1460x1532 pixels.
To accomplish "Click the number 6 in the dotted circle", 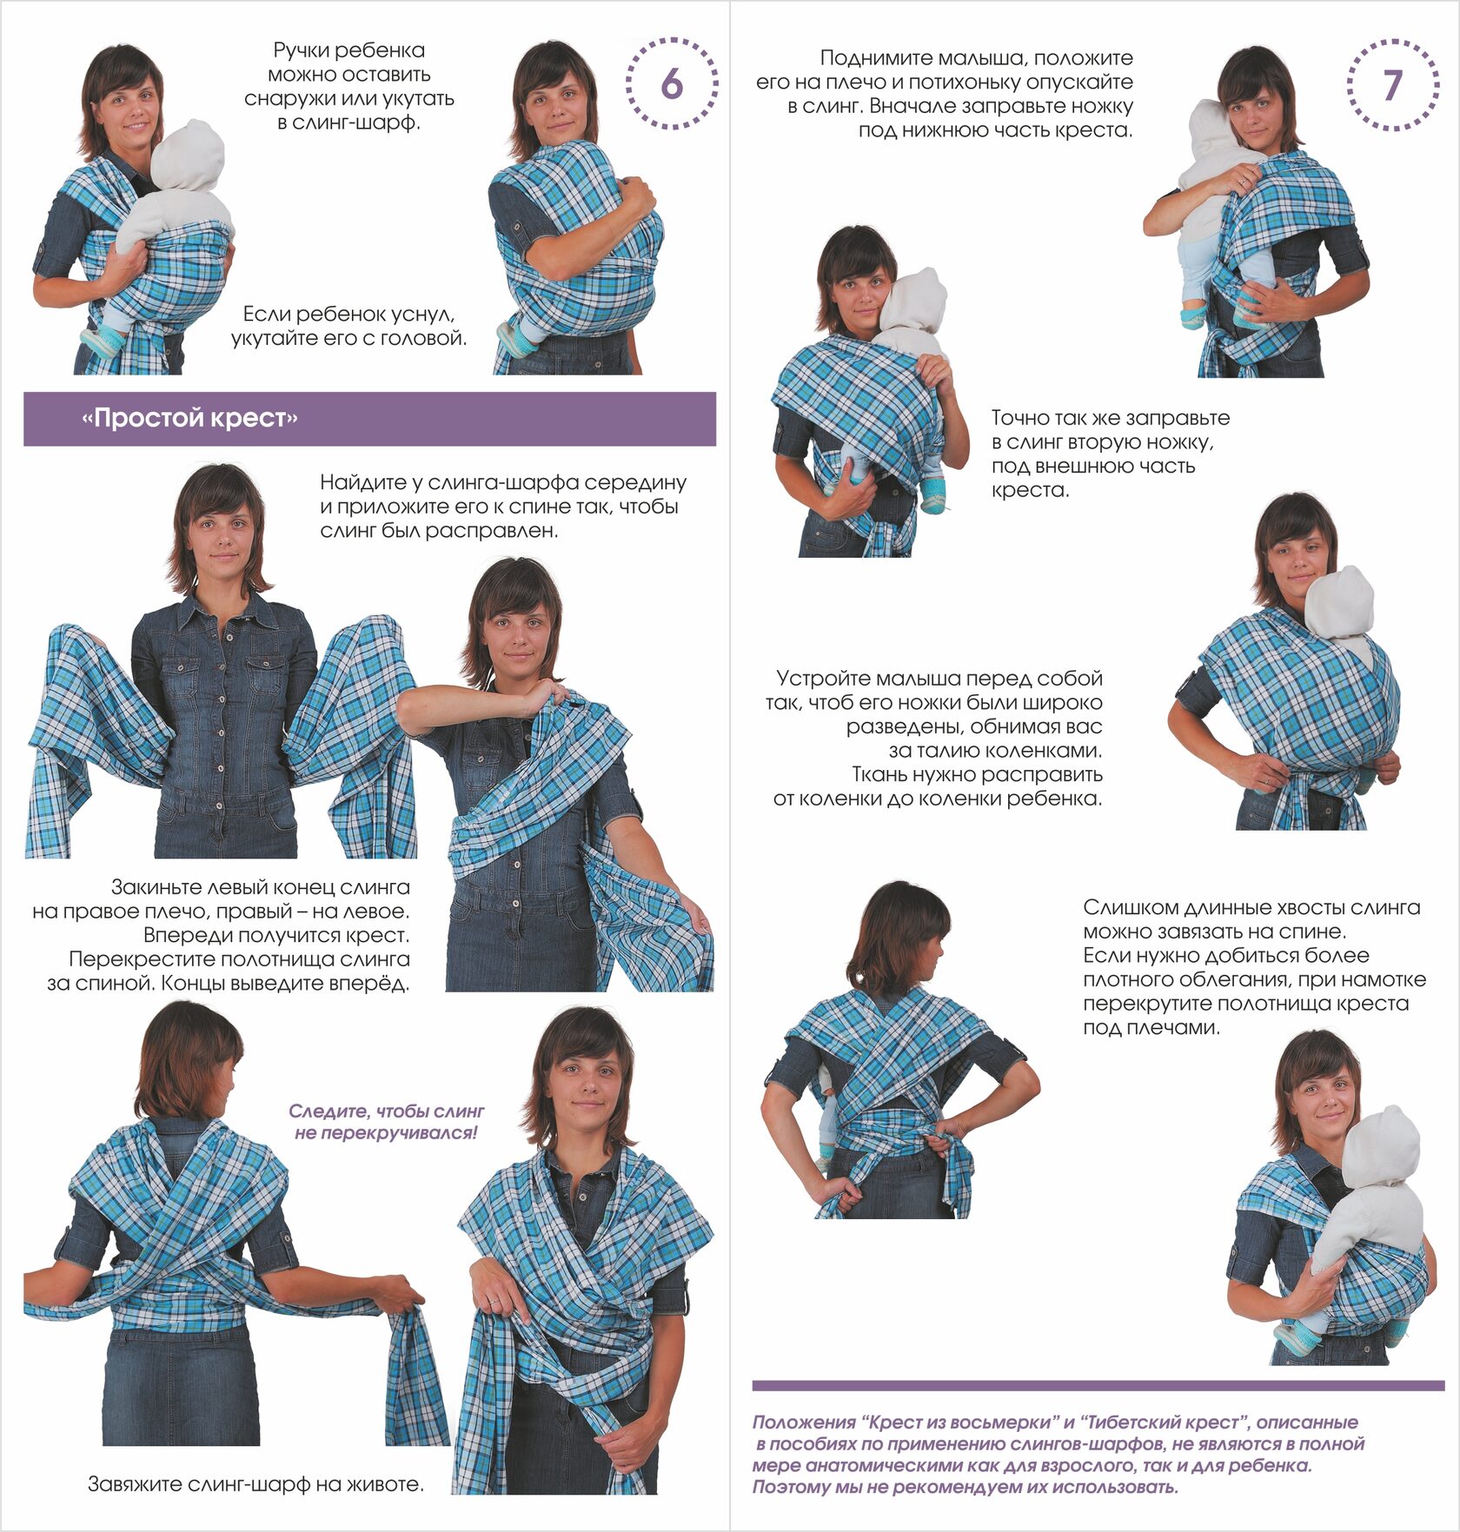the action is (x=671, y=83).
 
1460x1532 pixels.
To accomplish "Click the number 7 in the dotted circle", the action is (x=1393, y=85).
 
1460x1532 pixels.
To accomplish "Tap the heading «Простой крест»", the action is (x=189, y=419).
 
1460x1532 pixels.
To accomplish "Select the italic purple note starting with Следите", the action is (x=386, y=1122).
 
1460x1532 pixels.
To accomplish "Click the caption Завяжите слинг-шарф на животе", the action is (x=255, y=1484).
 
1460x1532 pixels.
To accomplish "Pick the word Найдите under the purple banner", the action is (x=359, y=482).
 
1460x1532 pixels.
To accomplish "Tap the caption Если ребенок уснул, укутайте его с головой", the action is (x=348, y=326).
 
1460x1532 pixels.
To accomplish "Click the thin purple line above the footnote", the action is (x=1098, y=1385).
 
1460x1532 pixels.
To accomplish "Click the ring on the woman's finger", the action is (x=494, y=1302).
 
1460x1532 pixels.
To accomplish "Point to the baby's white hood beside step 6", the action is (x=188, y=156).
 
